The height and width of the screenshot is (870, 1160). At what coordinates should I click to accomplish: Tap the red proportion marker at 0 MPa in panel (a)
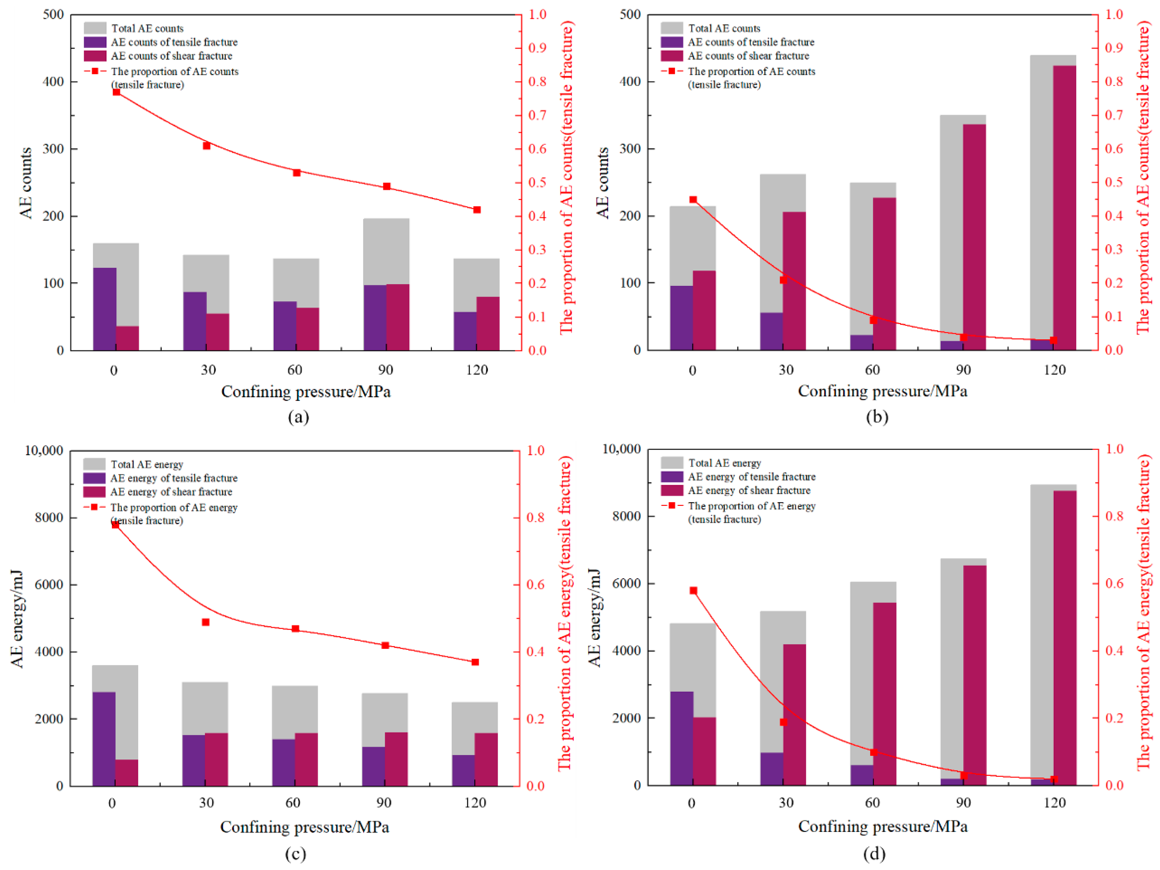(x=117, y=92)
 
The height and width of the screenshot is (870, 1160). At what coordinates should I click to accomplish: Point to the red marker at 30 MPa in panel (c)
(x=205, y=622)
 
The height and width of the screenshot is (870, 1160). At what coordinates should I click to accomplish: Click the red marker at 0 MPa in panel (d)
(x=693, y=591)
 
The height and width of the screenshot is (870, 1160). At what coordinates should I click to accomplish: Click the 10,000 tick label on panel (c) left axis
(x=44, y=450)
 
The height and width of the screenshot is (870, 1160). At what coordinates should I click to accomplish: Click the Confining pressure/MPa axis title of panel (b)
(x=883, y=391)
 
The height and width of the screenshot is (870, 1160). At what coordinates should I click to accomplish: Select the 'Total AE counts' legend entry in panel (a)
(x=147, y=28)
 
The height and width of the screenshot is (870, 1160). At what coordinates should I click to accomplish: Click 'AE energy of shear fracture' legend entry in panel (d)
(x=749, y=490)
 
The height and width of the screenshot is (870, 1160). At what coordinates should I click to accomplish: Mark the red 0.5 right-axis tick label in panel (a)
(x=537, y=183)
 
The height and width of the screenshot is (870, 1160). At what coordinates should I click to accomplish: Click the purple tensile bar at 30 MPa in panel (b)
(x=771, y=331)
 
